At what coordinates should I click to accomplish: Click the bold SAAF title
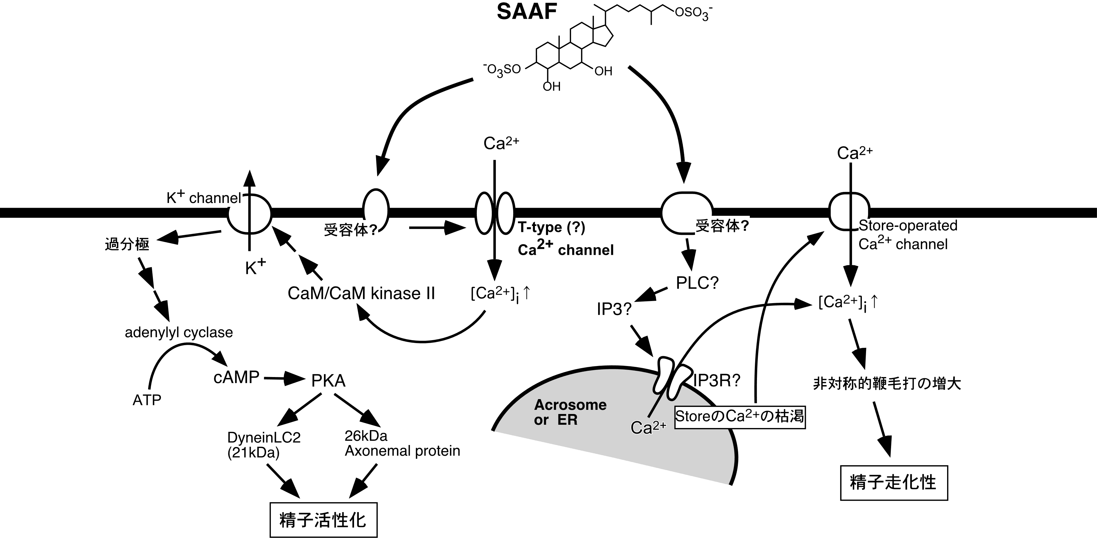tap(527, 12)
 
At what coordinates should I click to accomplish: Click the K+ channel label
tap(204, 197)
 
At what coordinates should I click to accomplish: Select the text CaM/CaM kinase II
tap(361, 294)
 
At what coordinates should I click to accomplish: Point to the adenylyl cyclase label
tap(179, 332)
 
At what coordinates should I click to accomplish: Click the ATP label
tap(147, 400)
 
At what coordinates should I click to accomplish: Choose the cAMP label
tap(236, 377)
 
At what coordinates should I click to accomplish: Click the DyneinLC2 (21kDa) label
tap(264, 445)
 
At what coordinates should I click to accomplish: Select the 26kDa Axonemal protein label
tap(402, 444)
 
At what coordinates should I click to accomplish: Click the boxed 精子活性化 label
tap(323, 520)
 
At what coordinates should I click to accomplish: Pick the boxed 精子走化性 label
tap(893, 483)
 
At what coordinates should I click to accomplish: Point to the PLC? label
tap(697, 283)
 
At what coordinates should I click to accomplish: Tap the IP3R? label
tap(717, 380)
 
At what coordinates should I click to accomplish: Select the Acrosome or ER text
tap(570, 412)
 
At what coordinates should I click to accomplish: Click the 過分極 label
tap(127, 244)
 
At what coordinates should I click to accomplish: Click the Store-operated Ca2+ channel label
tap(907, 235)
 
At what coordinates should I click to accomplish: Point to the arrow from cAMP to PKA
tap(283, 378)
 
